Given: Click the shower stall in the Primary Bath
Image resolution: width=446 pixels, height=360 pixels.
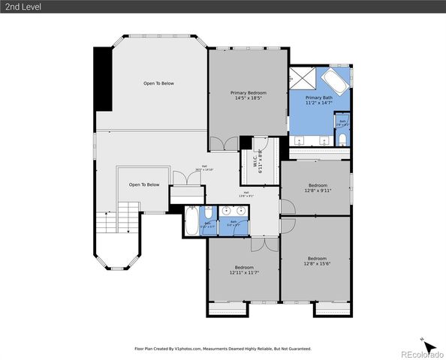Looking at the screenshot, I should click(304, 78).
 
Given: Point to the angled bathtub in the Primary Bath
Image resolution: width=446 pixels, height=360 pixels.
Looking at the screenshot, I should click(335, 80).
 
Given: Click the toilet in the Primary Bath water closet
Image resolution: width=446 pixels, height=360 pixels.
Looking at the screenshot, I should click(341, 140).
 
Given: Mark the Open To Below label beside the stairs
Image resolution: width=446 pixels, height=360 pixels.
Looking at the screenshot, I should click(144, 184).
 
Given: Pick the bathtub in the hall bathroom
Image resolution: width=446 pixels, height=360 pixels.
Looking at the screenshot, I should click(191, 223).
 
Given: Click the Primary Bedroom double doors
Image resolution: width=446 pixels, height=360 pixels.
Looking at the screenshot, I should click(224, 143).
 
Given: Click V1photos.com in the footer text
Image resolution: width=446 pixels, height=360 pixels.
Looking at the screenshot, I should click(189, 349).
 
